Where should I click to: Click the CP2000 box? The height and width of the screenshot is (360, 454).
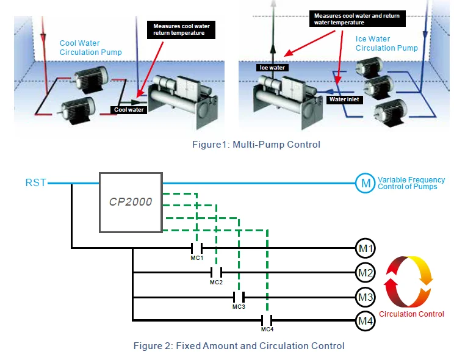[x=131, y=202]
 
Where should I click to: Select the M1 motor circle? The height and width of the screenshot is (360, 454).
[x=365, y=248]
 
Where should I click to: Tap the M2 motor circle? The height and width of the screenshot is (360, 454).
[x=365, y=272]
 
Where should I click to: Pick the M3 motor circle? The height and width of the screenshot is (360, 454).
[x=365, y=297]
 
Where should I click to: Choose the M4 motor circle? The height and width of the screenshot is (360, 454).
[x=365, y=320]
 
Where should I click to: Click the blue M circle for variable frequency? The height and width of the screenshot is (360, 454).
[x=364, y=182]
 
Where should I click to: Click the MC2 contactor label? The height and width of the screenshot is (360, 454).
[x=217, y=283]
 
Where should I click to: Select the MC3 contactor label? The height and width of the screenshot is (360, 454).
[x=239, y=307]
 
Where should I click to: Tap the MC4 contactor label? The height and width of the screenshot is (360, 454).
[x=267, y=330]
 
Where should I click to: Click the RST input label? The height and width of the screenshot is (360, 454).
[x=35, y=182]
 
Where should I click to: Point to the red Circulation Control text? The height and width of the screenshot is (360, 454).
[x=411, y=314]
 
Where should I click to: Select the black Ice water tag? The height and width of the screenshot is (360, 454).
[x=272, y=68]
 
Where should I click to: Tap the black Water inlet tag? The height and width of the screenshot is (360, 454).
[x=345, y=99]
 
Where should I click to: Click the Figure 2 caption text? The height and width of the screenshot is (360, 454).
[x=239, y=346]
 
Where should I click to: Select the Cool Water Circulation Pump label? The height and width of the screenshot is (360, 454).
[x=90, y=48]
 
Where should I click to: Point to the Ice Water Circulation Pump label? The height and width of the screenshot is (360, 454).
[x=386, y=43]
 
